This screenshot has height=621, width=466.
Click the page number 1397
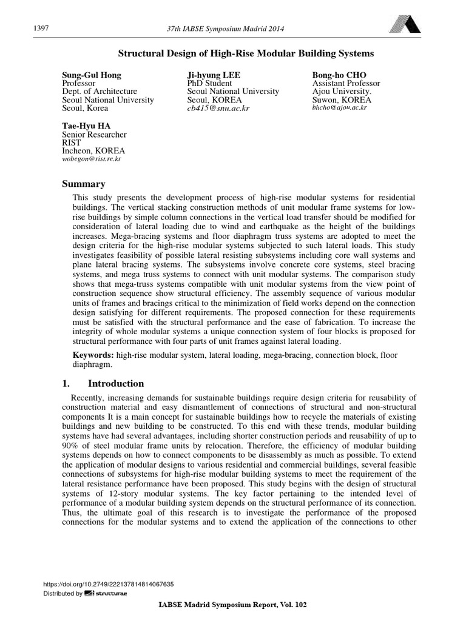[38, 29]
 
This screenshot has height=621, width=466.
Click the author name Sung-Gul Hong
[92, 75]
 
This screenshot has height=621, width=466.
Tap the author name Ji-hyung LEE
[213, 75]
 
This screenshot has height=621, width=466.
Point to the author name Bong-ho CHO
[339, 75]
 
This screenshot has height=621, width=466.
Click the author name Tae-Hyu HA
[89, 126]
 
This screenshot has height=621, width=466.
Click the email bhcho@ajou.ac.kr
[339, 107]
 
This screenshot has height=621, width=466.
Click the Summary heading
[84, 184]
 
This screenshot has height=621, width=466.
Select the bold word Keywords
[93, 354]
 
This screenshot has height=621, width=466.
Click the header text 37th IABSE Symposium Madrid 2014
[226, 29]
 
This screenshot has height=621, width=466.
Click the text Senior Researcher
[95, 134]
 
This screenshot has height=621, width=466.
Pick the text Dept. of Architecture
[100, 92]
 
